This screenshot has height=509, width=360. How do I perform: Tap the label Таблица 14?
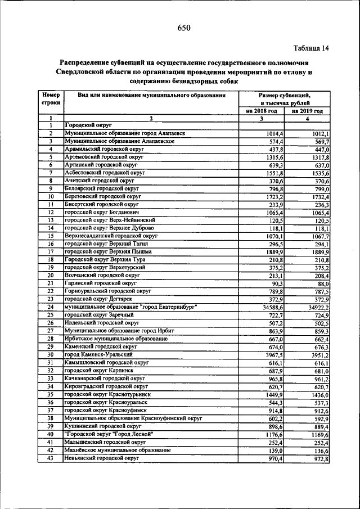pos(310,48)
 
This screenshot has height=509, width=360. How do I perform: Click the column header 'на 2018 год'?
pos(262,111)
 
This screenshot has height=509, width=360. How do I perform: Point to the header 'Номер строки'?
pos(50,100)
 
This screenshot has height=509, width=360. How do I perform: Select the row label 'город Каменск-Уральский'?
pos(98,355)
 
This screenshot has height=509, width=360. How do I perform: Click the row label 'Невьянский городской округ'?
pos(101,459)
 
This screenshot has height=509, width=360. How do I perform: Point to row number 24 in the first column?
pos(50,308)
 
